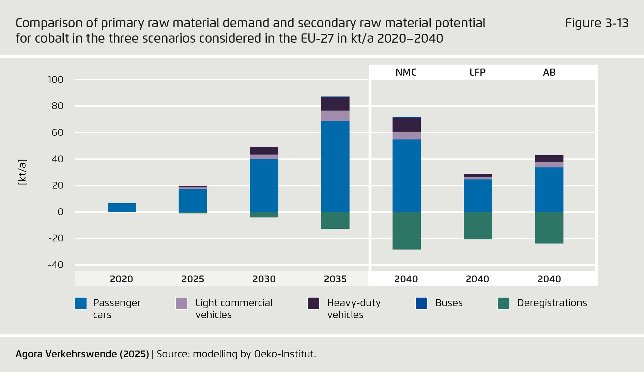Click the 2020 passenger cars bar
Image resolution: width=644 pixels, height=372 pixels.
(x=122, y=208)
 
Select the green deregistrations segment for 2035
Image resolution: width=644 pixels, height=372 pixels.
(x=335, y=220)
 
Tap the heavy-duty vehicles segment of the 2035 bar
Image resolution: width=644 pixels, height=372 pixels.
(x=335, y=104)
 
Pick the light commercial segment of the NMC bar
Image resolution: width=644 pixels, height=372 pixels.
(x=407, y=136)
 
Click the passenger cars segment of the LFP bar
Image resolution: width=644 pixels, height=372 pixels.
(x=478, y=196)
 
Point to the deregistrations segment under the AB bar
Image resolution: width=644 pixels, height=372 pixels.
(x=549, y=228)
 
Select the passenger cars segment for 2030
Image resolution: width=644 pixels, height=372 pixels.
(x=264, y=186)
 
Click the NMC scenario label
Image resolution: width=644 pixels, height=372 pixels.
(x=406, y=72)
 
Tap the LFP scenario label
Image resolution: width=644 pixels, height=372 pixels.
(x=477, y=72)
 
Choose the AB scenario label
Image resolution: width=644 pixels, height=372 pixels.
(x=549, y=72)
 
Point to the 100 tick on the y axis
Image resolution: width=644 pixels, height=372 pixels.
(x=56, y=80)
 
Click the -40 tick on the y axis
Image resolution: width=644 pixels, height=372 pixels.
(x=56, y=265)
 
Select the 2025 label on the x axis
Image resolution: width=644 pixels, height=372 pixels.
(x=193, y=279)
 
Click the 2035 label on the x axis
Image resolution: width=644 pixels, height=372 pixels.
(x=335, y=279)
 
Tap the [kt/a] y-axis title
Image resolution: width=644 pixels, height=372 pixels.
(x=22, y=172)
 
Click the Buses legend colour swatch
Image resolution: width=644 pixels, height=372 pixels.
(x=421, y=303)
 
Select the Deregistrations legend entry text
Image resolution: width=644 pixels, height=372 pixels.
(x=552, y=303)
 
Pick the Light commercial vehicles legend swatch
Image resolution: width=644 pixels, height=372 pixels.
(x=182, y=303)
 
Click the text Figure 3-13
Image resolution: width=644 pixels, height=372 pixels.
(x=596, y=23)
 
